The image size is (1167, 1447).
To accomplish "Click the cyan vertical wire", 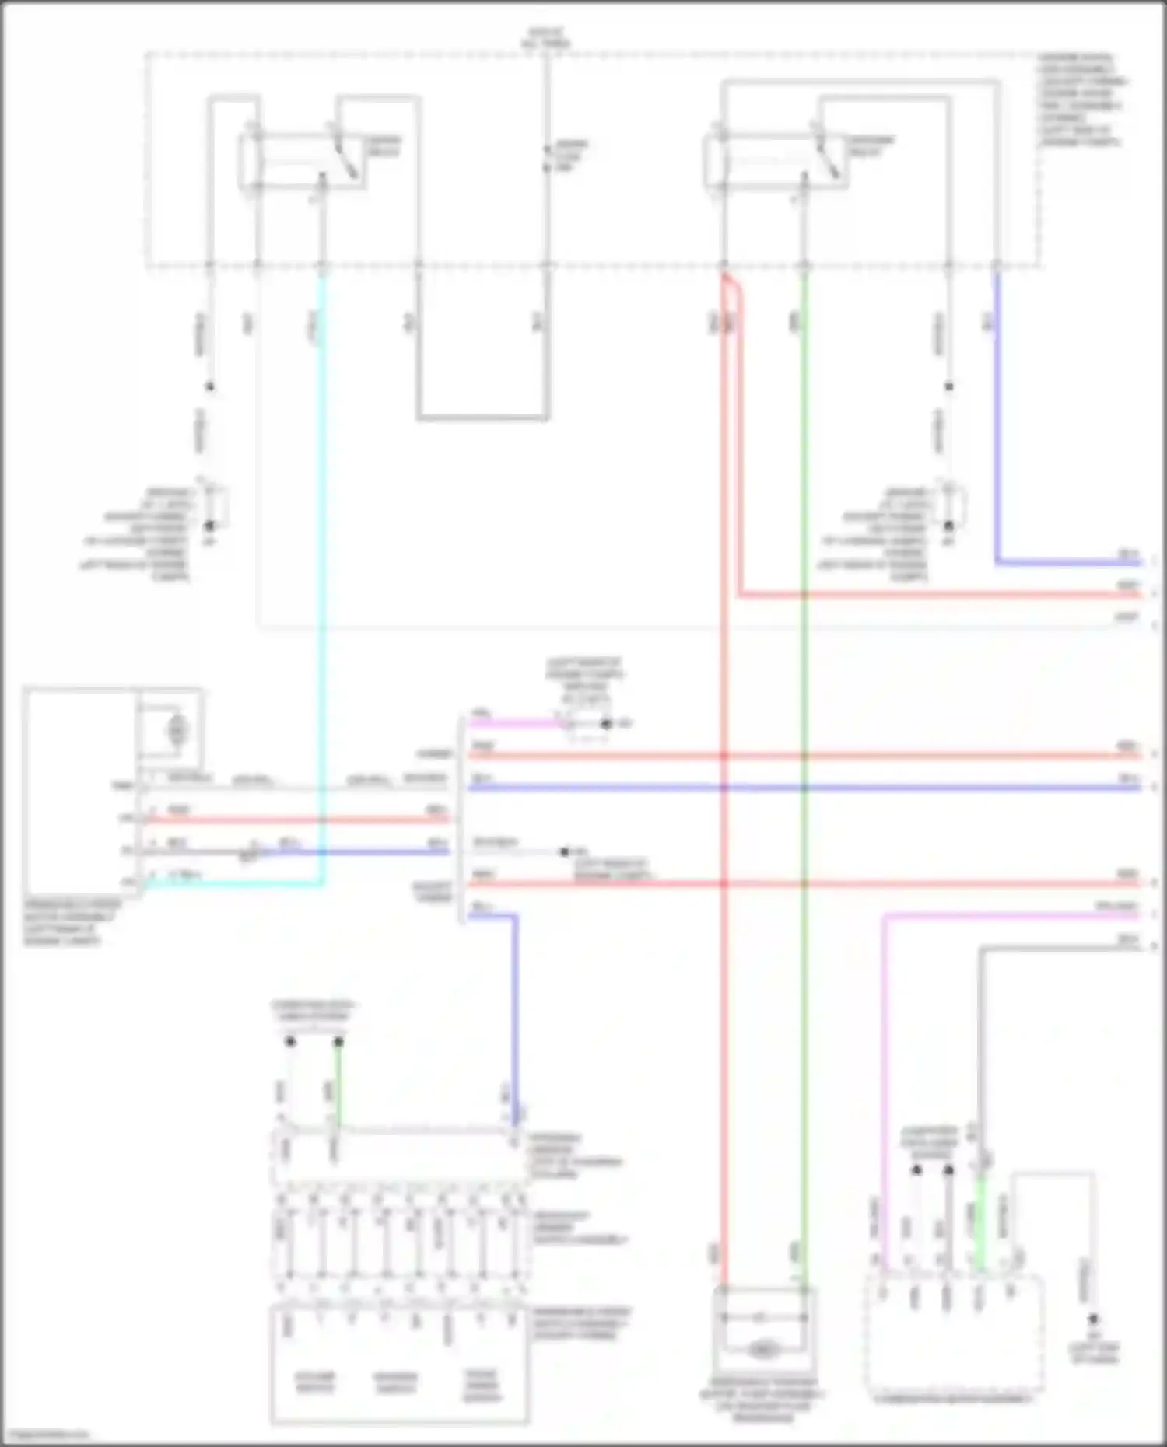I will [321, 544].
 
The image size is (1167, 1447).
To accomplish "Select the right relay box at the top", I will [774, 161].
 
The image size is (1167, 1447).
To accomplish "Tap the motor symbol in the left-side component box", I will [177, 729].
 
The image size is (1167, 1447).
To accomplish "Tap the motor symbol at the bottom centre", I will [763, 1351].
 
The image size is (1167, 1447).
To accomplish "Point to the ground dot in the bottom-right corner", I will [1093, 1319].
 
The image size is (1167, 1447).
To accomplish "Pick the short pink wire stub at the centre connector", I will [513, 724].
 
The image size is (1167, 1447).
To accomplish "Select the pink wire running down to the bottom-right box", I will [884, 1089].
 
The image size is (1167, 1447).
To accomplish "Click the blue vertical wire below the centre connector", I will [514, 1011].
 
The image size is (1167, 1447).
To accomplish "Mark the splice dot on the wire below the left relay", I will [209, 386].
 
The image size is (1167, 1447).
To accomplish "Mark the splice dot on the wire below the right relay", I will [948, 386].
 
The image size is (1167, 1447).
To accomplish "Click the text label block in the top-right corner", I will [1081, 100].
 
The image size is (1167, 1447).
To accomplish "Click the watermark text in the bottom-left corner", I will [45, 1435].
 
